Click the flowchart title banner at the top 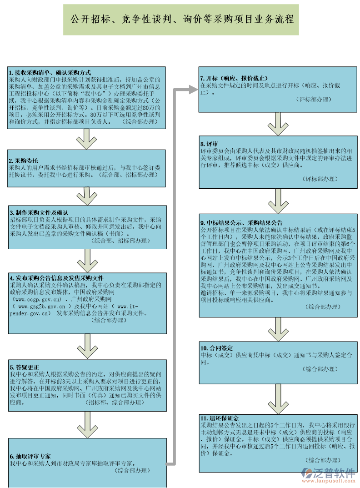[x=181, y=20]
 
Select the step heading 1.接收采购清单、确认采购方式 [x=50, y=73]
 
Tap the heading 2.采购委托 [x=24, y=161]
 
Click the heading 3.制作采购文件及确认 [x=39, y=212]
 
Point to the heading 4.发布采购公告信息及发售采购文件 [x=56, y=278]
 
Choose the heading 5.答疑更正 [x=24, y=367]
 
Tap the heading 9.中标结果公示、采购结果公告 [x=241, y=223]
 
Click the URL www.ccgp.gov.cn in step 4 [x=38, y=300]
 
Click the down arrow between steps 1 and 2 [x=86, y=140]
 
